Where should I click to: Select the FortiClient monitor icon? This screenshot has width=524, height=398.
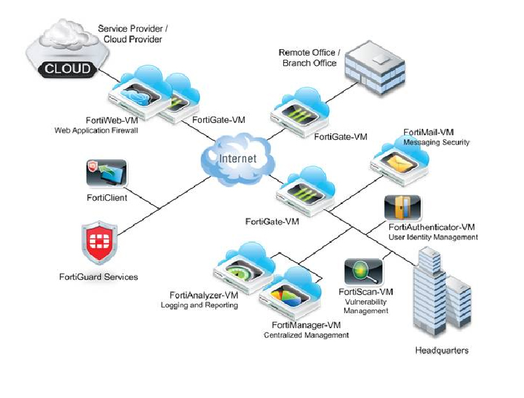[x=107, y=174]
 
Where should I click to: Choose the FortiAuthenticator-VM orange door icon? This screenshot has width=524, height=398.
[x=402, y=208]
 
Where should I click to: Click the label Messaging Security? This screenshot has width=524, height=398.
[x=436, y=142]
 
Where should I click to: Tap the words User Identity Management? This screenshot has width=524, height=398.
[x=433, y=238]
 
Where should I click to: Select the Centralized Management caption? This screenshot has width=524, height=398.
[x=306, y=335]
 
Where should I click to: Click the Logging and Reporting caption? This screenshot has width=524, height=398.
[x=199, y=305]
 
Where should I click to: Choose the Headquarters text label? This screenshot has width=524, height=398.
[x=441, y=351]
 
